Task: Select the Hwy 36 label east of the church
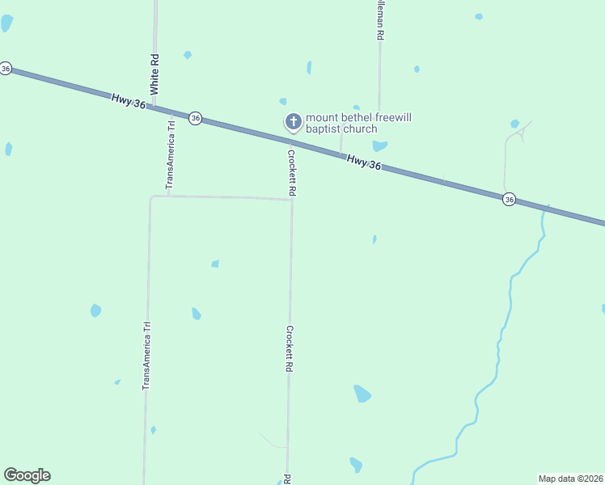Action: (x=363, y=162)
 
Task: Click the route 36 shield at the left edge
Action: (x=6, y=69)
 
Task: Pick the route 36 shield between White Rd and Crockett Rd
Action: (x=195, y=118)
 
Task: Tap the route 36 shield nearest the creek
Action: (x=508, y=199)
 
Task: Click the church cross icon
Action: (x=293, y=122)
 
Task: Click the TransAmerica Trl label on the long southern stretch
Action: (x=147, y=356)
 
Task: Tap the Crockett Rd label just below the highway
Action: (x=293, y=171)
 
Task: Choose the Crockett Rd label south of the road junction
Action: (x=289, y=348)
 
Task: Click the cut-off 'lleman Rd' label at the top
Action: (x=379, y=20)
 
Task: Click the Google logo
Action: (x=27, y=475)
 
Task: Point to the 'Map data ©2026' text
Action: (x=570, y=479)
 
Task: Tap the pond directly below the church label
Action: (x=379, y=146)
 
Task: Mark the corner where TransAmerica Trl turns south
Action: (x=151, y=196)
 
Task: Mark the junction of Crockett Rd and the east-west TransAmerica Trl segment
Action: (x=291, y=200)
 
